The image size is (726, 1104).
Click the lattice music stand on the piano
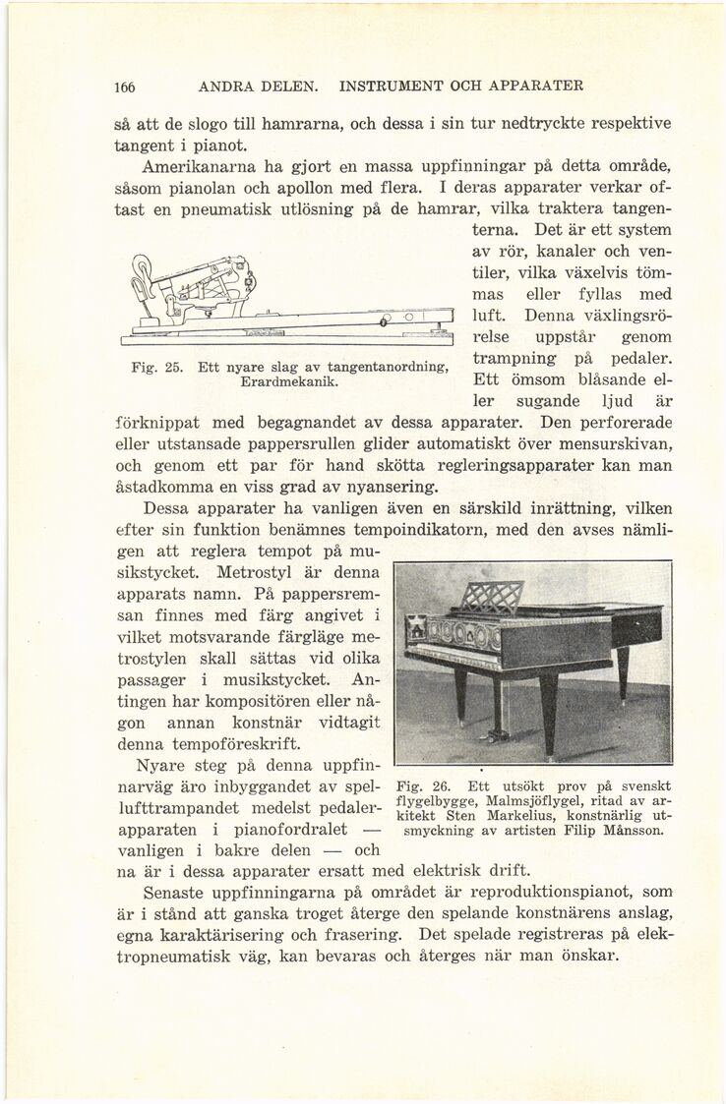click(493, 599)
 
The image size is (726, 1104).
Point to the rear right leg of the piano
click(622, 670)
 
